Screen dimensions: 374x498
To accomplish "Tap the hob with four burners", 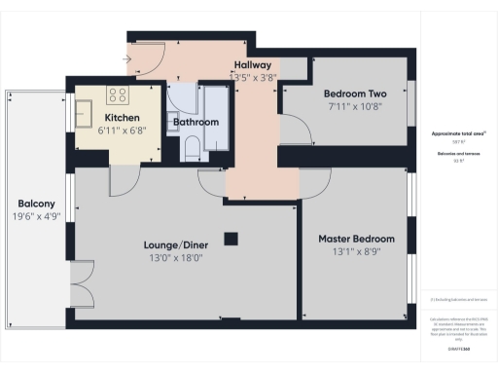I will pos(118,94).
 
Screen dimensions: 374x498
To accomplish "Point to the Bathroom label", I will pos(196,123).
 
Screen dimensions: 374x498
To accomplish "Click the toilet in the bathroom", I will pos(193,148).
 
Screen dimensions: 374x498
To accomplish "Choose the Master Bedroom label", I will pos(357,239).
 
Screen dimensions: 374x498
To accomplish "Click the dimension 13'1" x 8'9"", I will pos(357,253).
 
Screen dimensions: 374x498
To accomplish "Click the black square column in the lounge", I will pos(231,238).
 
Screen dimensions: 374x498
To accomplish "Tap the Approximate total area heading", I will pos(457,132).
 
